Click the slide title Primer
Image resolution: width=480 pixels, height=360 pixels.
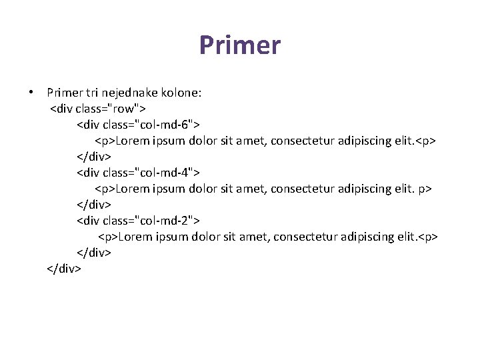point(240,46)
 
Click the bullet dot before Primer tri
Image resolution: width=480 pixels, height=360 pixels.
point(31,92)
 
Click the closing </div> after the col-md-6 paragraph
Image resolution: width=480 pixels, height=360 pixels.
point(94,156)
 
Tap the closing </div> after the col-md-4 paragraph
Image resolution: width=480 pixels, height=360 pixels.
point(94,204)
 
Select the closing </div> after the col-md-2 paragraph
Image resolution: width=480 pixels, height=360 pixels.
point(94,253)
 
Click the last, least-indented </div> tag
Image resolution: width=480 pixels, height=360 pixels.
point(64,269)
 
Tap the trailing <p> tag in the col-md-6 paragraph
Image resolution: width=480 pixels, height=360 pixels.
point(425,141)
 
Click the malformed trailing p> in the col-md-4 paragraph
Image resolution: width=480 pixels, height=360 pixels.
point(425,189)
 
